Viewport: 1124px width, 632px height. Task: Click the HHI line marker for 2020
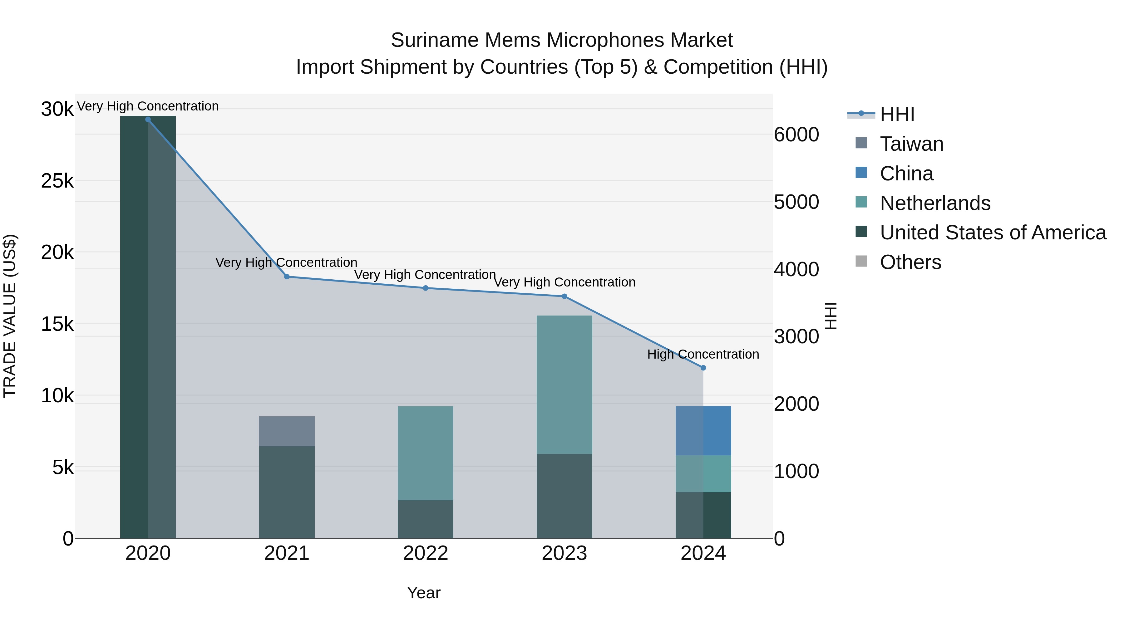pos(148,120)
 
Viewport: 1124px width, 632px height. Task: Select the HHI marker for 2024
pos(703,368)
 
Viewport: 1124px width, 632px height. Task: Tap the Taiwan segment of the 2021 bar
pos(287,431)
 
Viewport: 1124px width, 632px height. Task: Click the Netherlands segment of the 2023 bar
pos(564,384)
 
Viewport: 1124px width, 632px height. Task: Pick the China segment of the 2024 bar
pos(703,430)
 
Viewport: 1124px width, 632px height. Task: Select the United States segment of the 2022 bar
pos(426,519)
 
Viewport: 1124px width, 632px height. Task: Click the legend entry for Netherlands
pos(935,203)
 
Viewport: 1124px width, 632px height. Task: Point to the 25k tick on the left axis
pos(57,181)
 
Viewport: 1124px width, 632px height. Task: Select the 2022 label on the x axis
pos(426,553)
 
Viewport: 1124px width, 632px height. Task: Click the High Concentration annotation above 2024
pos(703,354)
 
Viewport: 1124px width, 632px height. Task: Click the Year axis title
pos(424,593)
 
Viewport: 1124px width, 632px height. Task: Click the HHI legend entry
pos(897,114)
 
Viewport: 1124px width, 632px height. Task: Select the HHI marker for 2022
pos(426,288)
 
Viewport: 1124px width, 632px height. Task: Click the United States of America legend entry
pos(993,233)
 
